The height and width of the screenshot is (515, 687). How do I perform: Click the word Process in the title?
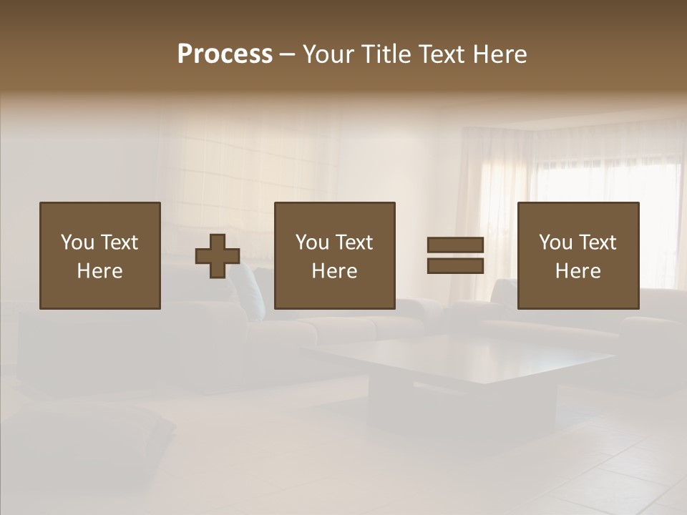(x=225, y=54)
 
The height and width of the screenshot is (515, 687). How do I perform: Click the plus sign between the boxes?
(x=218, y=256)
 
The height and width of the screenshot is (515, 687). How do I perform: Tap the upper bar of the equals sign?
(x=455, y=245)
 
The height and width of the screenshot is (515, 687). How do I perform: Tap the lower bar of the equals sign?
(x=455, y=265)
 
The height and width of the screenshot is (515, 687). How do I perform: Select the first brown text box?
(x=100, y=255)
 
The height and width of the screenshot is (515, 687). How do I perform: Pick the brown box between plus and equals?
(x=335, y=255)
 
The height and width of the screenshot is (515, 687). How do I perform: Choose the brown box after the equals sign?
(x=578, y=255)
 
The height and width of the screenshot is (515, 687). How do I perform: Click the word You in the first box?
(x=77, y=242)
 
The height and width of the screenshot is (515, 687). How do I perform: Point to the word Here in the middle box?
(x=335, y=271)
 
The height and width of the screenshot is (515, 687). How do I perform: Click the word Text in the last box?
(x=597, y=242)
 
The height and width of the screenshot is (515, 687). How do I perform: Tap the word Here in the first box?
(x=100, y=271)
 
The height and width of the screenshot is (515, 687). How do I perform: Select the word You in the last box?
(x=555, y=242)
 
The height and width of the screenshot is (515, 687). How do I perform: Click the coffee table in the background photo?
(x=458, y=365)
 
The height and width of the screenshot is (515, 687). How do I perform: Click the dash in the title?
(x=287, y=55)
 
